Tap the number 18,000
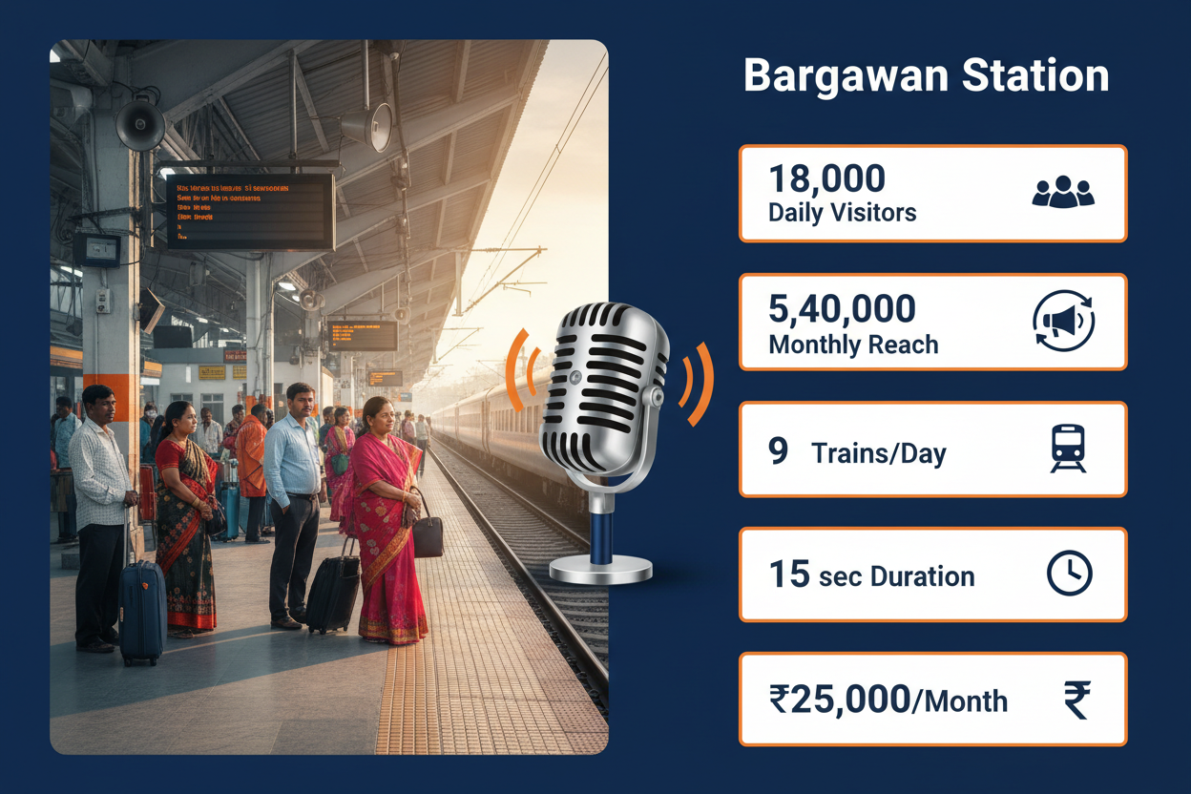pos(826,179)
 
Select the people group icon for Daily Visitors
pos(1063,192)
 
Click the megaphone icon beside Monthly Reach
pos(1064,322)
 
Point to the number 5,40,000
pos(842,309)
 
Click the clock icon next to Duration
pos(1069,575)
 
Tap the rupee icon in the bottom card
pos(1076,700)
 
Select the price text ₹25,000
pos(839,700)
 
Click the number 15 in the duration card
pos(789,575)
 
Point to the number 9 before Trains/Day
pos(779,450)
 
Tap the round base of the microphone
pos(601,570)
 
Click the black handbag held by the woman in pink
pos(428,534)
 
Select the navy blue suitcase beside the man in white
pos(142,611)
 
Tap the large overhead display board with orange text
pos(250,210)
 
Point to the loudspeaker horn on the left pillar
pos(140,124)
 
